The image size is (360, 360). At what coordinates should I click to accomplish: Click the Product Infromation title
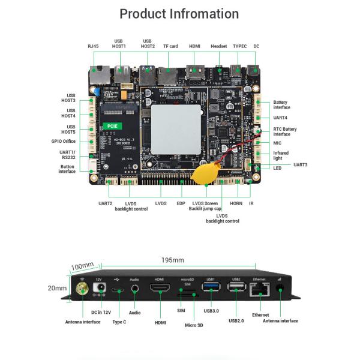click(x=179, y=14)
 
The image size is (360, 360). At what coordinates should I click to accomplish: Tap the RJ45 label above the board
click(x=93, y=46)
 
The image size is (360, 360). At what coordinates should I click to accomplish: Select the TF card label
click(x=170, y=46)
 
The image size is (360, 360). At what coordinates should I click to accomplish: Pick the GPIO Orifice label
click(x=64, y=142)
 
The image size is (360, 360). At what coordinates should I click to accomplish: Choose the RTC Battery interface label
click(x=285, y=131)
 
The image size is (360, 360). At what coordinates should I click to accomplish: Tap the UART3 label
click(x=300, y=164)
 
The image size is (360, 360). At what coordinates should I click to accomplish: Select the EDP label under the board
click(x=181, y=203)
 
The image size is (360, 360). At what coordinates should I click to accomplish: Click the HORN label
click(x=236, y=203)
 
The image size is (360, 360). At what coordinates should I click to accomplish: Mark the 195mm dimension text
click(x=173, y=260)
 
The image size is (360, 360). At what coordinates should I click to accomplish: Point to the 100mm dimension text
click(x=83, y=266)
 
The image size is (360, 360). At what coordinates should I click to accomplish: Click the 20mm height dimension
click(x=58, y=288)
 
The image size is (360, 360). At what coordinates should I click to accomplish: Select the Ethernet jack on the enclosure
click(x=259, y=290)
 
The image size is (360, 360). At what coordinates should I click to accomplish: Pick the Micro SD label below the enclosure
click(x=194, y=325)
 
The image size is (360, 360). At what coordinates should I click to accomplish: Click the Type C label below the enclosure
click(x=119, y=322)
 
